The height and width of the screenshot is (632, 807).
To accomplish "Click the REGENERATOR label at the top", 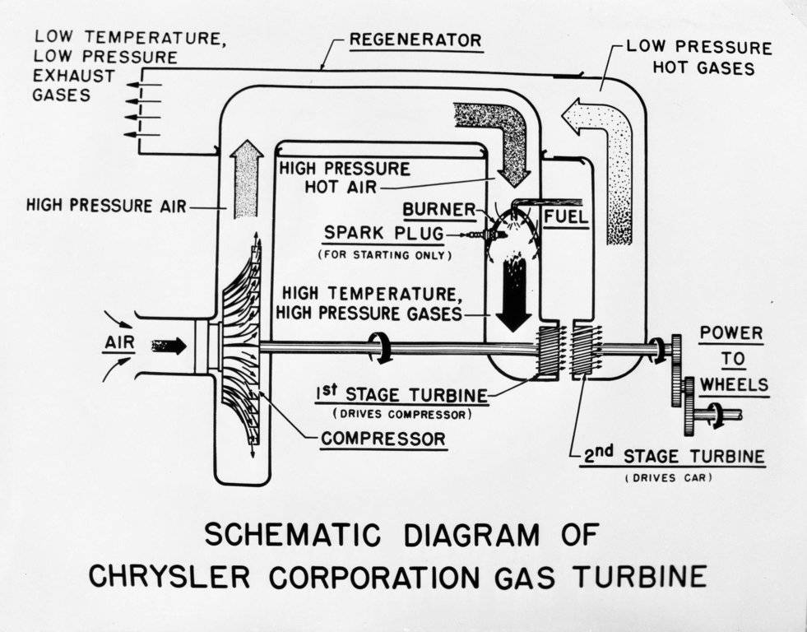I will click(x=415, y=39).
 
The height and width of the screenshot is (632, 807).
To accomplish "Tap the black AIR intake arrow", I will click(x=169, y=346).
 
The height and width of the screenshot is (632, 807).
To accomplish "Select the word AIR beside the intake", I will click(x=118, y=341).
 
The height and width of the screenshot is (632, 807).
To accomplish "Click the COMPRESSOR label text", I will click(x=383, y=438).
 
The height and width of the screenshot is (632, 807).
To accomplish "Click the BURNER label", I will click(x=439, y=210).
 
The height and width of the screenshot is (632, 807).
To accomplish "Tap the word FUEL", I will click(x=566, y=217).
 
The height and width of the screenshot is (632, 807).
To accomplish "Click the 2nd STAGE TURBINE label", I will click(x=672, y=456).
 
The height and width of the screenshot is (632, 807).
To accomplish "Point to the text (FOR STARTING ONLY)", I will click(x=384, y=255).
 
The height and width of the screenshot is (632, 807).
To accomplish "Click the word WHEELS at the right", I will click(x=735, y=384).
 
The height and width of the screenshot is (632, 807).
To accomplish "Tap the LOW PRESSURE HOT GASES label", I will click(x=699, y=57).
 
